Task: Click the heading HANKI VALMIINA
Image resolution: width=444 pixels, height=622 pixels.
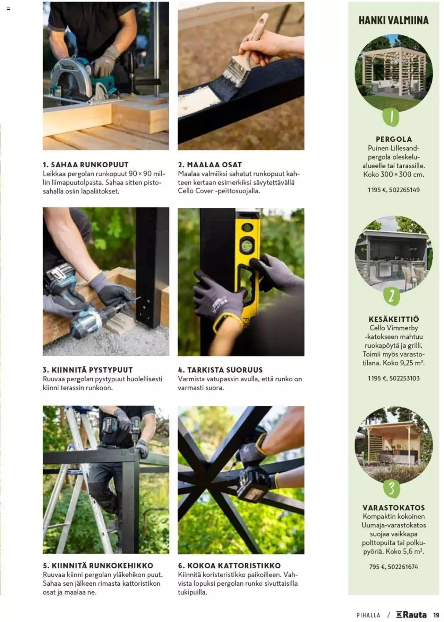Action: point(393,20)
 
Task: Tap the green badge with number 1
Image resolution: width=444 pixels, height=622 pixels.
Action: point(391,117)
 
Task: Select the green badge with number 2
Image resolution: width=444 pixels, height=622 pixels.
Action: point(392,296)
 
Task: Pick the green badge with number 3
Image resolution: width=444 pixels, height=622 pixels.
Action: point(392,488)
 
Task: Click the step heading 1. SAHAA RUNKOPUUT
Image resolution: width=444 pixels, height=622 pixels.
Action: point(86,165)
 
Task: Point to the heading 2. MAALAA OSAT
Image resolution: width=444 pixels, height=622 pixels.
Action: point(210,165)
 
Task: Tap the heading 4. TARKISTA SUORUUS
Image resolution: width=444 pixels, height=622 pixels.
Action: point(220,370)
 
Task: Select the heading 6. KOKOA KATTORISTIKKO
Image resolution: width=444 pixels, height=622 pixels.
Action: point(229,566)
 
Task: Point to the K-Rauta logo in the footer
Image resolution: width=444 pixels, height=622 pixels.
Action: point(411,615)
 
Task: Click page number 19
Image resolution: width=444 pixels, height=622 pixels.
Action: point(436,615)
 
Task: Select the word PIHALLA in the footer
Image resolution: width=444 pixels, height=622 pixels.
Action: point(368,615)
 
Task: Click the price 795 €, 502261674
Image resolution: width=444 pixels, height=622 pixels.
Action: point(394,567)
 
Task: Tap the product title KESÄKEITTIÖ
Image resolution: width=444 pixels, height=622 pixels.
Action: point(394,319)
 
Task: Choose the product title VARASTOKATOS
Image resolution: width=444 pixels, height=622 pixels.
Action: point(394,508)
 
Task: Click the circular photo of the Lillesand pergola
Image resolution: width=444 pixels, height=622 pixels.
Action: point(394,73)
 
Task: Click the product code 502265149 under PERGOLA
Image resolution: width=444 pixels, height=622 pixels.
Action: point(404,190)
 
